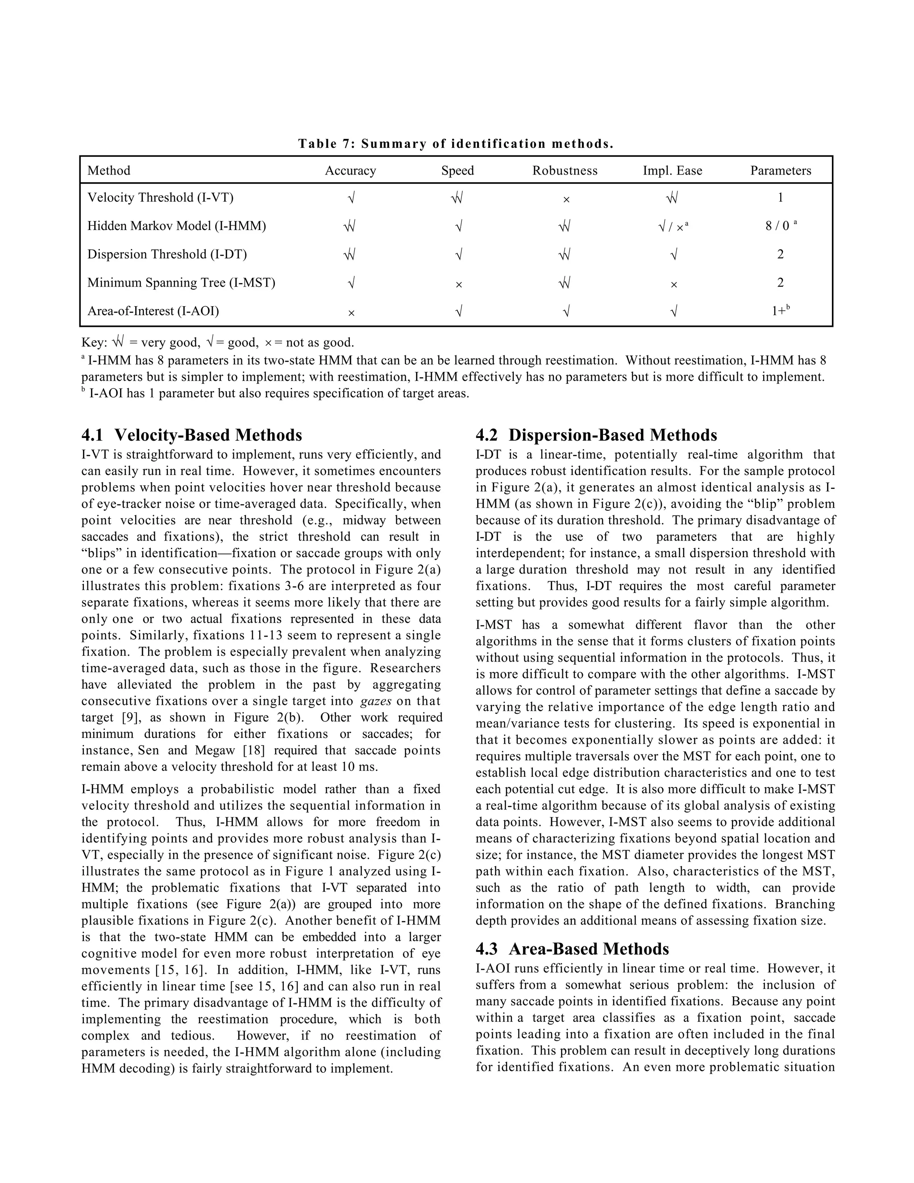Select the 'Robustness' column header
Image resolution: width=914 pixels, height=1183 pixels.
coord(565,171)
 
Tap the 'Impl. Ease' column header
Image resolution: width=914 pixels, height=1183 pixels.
coord(672,171)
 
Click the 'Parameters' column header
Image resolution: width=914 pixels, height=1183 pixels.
coord(780,171)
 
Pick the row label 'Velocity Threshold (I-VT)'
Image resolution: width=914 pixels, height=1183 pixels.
coord(160,198)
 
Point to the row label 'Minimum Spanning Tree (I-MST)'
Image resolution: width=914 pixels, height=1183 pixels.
coord(181,283)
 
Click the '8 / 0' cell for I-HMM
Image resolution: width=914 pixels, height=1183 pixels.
coord(777,226)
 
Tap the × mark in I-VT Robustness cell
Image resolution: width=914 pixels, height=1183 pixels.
coord(566,200)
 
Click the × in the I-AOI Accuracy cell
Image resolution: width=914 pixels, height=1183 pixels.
coord(351,313)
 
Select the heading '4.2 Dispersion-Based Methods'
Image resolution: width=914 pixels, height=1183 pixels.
coord(596,435)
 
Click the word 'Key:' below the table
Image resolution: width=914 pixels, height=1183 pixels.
coord(94,343)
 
